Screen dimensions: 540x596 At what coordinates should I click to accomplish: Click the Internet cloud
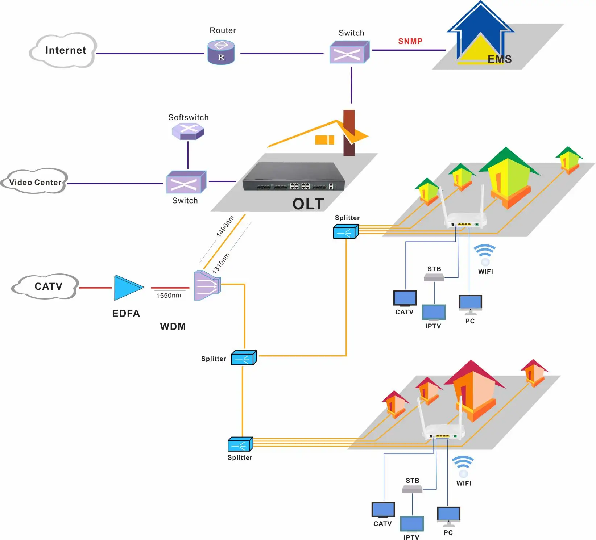point(63,50)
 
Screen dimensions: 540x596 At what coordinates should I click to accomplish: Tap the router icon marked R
point(221,53)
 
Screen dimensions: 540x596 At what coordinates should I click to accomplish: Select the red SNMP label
point(410,41)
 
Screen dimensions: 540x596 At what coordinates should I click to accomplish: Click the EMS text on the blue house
point(499,59)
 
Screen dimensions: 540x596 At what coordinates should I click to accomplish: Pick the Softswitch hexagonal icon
point(188,131)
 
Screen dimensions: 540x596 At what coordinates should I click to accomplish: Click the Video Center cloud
point(35,182)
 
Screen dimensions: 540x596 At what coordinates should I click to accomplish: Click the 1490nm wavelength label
point(225,226)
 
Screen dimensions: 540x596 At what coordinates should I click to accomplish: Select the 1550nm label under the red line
point(169,296)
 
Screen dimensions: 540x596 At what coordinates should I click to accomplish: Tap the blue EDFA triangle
point(127,288)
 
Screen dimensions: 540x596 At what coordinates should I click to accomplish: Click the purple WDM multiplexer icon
point(207,285)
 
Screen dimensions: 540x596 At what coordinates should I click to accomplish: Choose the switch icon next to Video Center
point(186,182)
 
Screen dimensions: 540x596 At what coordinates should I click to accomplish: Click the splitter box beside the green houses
point(345,231)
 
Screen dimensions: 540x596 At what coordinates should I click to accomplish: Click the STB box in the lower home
point(412,489)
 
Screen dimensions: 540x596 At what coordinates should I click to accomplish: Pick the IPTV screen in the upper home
point(434,312)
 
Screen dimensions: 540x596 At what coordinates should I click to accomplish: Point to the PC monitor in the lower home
point(448,515)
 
